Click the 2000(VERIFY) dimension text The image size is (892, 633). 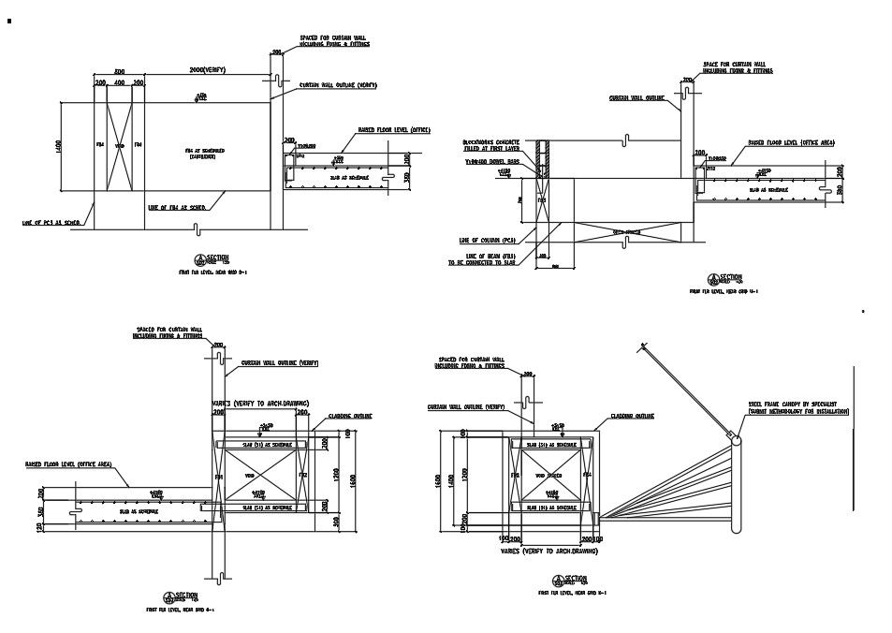coord(206,71)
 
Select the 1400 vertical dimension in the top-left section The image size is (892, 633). coord(59,148)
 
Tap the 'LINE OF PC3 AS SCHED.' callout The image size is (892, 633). coord(55,223)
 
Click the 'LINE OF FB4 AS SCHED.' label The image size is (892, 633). coord(179,208)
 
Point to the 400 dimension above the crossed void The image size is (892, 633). coord(119,83)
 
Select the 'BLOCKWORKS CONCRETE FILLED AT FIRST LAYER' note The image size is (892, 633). coord(490,145)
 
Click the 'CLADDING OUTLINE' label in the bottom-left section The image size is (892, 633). coord(350,417)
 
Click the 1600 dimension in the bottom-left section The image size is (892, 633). coord(353,479)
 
